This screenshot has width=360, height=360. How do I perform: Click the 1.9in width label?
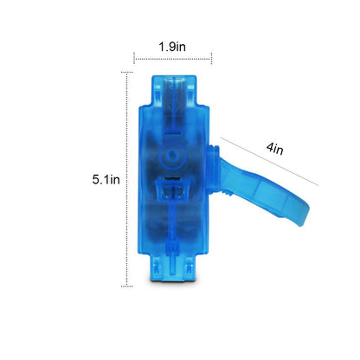pyautogui.click(x=172, y=47)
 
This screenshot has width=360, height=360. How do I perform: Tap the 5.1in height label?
pyautogui.click(x=106, y=180)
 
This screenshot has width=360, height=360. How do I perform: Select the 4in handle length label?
pyautogui.click(x=275, y=149)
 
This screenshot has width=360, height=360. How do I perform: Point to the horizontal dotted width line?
pyautogui.click(x=172, y=59)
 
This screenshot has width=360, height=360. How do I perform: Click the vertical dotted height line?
pyautogui.click(x=127, y=179)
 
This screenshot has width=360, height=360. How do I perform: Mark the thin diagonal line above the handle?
pyautogui.click(x=269, y=162)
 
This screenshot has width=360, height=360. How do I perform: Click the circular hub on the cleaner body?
pyautogui.click(x=172, y=155)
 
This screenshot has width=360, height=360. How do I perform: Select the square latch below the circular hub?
pyautogui.click(x=173, y=190)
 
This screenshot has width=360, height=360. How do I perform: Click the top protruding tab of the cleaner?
pyautogui.click(x=174, y=90)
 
